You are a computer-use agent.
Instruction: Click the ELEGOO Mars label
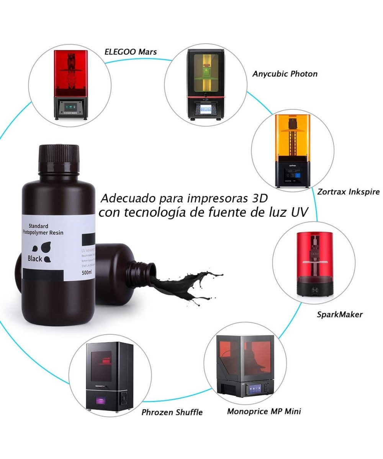tap(131, 52)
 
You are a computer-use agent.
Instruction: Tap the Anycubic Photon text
tap(285, 74)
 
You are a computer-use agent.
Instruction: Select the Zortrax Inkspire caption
tap(348, 192)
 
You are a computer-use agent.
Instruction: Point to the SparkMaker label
tap(339, 314)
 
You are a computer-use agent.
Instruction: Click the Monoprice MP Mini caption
tap(264, 412)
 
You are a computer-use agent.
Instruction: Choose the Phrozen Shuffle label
tap(172, 412)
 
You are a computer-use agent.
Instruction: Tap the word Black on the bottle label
tap(35, 259)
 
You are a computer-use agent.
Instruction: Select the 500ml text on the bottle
tap(87, 272)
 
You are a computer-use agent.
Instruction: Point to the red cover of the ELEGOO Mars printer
tap(71, 73)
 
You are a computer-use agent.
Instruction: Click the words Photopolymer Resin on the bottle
tap(43, 233)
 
